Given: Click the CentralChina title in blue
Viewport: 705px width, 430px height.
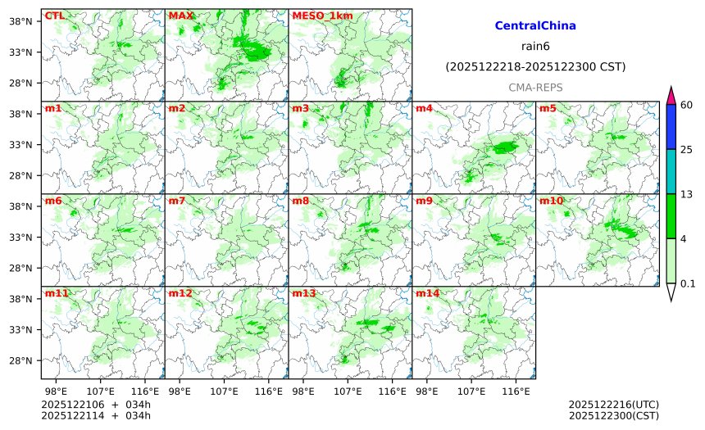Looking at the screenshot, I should [x=535, y=26].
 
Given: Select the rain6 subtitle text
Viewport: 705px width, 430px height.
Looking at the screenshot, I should [x=535, y=46].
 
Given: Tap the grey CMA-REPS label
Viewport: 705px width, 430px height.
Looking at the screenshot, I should [x=535, y=87].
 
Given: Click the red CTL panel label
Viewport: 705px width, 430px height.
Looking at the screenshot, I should [x=54, y=16].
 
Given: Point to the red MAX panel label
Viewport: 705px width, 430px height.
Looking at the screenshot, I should [x=180, y=16].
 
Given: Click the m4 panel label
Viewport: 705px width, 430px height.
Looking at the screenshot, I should [x=424, y=108].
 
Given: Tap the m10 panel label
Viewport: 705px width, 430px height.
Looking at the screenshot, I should [x=551, y=201].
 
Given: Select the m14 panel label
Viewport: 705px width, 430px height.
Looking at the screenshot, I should [x=427, y=293].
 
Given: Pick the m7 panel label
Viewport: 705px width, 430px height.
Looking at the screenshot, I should [x=176, y=201].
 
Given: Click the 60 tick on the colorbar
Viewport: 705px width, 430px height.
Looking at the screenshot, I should [x=687, y=104].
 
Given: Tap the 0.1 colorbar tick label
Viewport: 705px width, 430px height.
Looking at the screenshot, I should [x=688, y=284].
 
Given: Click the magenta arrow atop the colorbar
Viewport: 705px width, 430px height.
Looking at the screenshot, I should [x=671, y=94].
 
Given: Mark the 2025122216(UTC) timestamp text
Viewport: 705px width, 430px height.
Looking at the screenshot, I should [x=613, y=405].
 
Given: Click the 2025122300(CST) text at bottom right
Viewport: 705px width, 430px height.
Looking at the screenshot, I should [x=613, y=415].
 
